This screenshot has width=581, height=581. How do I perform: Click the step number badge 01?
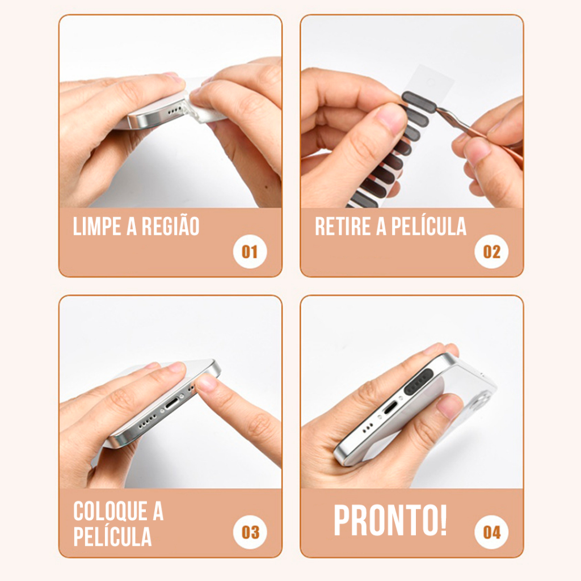point(250,251)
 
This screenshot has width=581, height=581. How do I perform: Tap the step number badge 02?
point(491,251)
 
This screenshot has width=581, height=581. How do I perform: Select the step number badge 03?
point(250,532)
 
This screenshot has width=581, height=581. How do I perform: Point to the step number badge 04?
point(491,532)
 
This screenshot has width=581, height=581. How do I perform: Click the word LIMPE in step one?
point(97,226)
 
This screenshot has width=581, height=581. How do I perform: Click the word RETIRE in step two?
point(343,226)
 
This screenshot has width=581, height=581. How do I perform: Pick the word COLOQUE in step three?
point(111,511)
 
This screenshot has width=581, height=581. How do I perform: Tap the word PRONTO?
point(390,520)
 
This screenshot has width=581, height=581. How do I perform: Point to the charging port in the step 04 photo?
point(390,409)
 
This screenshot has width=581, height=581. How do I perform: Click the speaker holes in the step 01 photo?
point(175,111)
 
